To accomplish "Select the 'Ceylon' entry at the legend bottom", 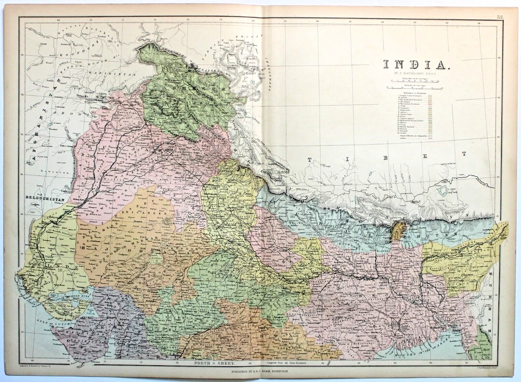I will pyautogui.click(x=404, y=139).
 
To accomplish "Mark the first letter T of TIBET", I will pyautogui.click(x=310, y=160).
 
